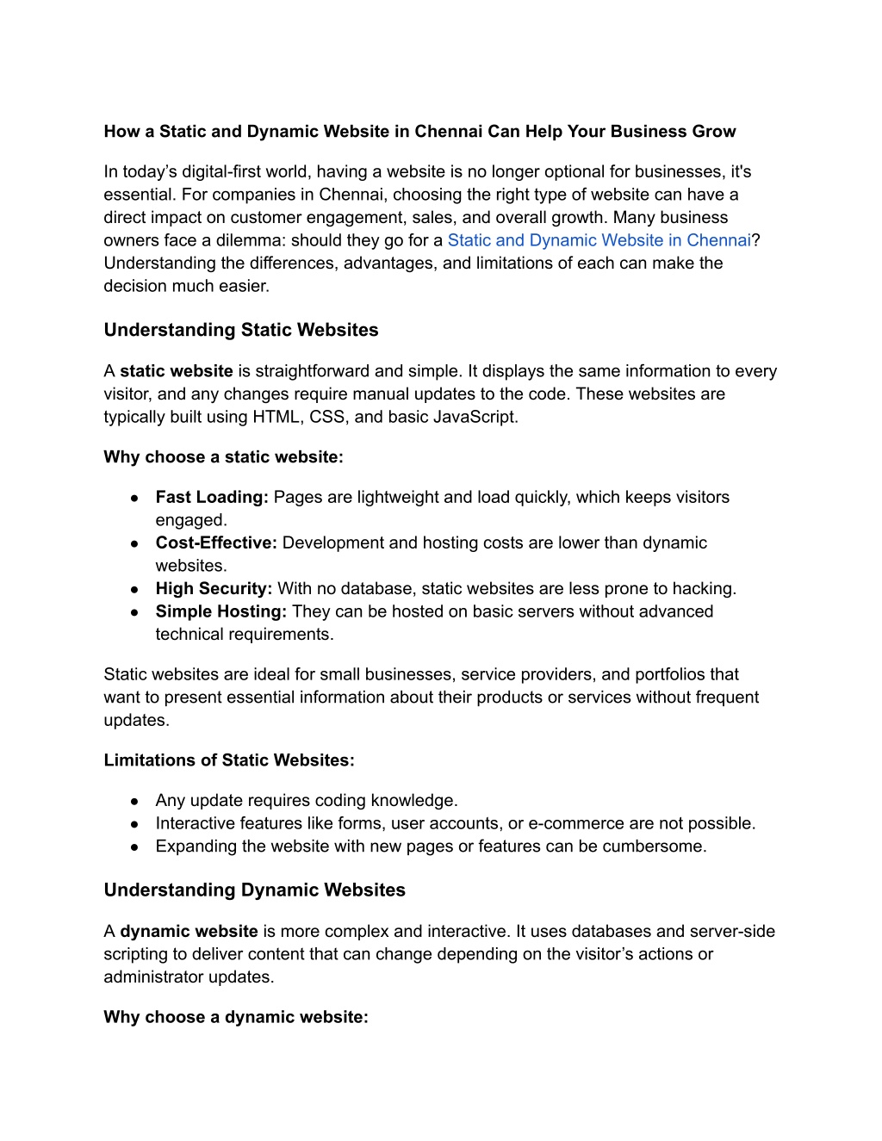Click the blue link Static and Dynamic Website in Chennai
coord(599,240)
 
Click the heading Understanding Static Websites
coord(240,330)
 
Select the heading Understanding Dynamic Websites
coord(254,890)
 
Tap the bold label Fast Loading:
coord(212,497)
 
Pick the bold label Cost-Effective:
coord(216,543)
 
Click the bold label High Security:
coord(214,588)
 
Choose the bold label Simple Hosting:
coord(221,611)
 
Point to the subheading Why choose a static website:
coord(223,457)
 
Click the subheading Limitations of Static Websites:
coord(229,760)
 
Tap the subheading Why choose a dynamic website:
coord(236,1017)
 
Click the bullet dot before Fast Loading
coord(135,498)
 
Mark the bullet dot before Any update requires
coord(135,801)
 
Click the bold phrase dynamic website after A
coord(189,931)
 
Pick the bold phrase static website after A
coord(176,371)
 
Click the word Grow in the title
coord(714,132)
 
